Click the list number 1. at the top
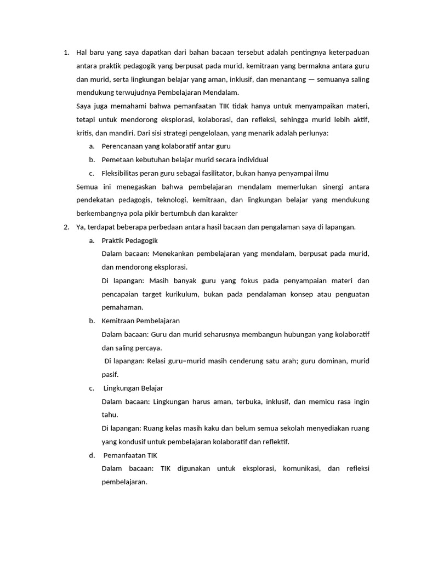(66, 53)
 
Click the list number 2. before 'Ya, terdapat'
(66, 227)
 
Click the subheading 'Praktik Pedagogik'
(129, 240)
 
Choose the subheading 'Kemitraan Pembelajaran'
(141, 320)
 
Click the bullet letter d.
(92, 455)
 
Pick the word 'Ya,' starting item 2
(81, 227)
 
